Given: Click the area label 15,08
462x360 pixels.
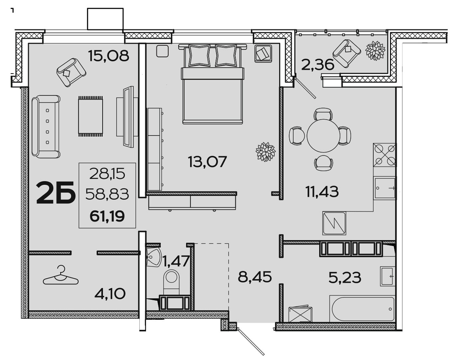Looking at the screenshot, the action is [109, 56].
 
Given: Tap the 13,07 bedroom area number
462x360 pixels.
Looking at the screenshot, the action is [208, 162].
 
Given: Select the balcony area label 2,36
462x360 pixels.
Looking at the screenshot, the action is [318, 65].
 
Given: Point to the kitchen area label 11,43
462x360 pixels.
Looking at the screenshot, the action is [322, 191].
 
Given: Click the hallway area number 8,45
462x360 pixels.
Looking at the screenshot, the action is [255, 277].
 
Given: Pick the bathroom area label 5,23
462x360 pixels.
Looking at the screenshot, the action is [345, 277].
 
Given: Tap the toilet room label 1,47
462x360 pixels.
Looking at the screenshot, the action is [176, 261].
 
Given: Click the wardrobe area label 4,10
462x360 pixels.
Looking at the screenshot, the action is [110, 294].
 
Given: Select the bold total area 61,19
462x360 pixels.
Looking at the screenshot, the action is [107, 217].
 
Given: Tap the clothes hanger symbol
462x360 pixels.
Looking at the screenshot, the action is [61, 275].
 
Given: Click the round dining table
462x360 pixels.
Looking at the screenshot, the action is [323, 136].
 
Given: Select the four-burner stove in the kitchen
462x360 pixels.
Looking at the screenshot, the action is [385, 155].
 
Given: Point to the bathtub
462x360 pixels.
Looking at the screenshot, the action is [362, 309].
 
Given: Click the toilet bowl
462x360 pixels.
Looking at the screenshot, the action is [171, 282].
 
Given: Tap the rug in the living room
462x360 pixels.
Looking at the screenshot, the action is [90, 116].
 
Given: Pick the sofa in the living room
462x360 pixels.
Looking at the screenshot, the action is [46, 126].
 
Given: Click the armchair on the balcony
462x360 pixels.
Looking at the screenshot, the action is [347, 54].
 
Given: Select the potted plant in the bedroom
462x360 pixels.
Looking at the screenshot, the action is [265, 152].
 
